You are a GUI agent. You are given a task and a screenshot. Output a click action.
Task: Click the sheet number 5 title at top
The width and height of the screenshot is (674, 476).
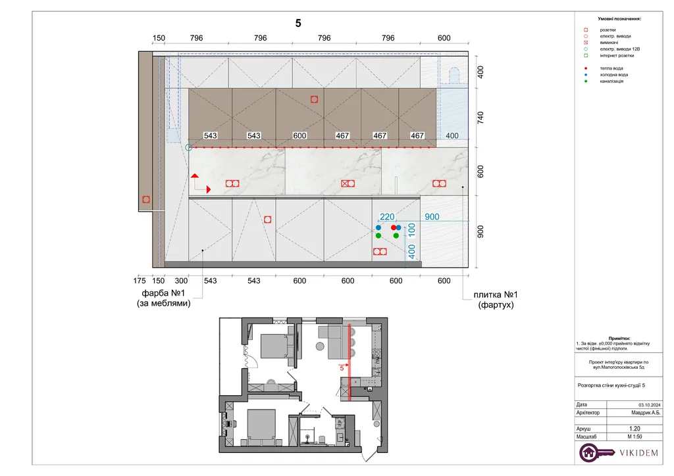tap(298, 23)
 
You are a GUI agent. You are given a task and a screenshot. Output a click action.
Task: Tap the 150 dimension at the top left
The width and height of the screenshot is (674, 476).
tap(159, 37)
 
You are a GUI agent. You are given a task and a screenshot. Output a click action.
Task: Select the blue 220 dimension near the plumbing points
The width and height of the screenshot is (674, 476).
tap(387, 217)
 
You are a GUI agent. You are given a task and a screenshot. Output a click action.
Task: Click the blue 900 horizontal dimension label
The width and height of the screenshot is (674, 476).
tap(432, 217)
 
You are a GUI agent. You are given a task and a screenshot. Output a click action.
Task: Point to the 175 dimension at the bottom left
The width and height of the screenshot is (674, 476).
tap(140, 281)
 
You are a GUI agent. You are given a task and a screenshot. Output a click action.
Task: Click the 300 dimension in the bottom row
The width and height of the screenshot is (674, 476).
tap(181, 281)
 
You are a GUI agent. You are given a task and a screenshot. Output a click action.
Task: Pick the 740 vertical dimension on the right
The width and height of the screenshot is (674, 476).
tap(480, 118)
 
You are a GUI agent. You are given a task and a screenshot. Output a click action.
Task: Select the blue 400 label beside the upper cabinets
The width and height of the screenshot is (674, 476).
tap(452, 135)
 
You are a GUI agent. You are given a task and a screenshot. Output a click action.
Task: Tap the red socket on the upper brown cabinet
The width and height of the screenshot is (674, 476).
tap(314, 99)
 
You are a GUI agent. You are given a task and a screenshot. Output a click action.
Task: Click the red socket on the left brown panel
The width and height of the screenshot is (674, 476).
tap(146, 200)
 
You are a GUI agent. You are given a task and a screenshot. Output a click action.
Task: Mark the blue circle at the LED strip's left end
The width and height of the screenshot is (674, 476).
tap(189, 148)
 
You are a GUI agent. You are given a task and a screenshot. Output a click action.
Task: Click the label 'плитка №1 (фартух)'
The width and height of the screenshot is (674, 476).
tap(496, 300)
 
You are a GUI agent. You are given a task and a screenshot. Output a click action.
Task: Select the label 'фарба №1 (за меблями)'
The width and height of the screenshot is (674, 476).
tap(164, 298)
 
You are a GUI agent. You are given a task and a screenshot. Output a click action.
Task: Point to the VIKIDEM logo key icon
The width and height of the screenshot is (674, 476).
tap(596, 452)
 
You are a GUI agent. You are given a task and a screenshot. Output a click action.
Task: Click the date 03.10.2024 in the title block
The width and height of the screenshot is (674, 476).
tap(649, 405)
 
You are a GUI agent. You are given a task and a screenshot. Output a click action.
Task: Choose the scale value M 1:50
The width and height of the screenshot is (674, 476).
tap(635, 437)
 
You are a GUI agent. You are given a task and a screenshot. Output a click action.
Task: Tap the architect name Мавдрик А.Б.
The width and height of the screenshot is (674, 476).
tap(645, 412)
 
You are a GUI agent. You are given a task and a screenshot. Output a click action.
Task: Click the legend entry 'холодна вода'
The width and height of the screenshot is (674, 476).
tap(614, 75)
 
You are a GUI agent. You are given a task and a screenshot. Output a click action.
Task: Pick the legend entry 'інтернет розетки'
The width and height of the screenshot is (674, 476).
tap(617, 55)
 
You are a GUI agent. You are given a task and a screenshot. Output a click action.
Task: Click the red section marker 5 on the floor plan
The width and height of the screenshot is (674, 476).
tap(342, 368)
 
